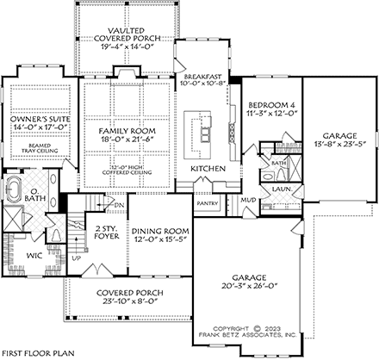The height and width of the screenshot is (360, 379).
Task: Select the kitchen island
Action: [x=207, y=131]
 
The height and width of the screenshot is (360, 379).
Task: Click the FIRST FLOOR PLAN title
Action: [x=37, y=353]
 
